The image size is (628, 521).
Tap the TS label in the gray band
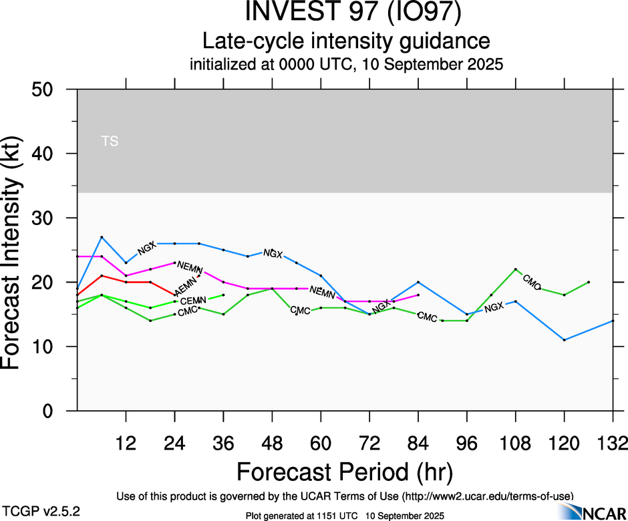point(110,141)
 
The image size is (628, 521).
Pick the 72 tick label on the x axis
point(369,442)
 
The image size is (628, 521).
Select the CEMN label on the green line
point(193,301)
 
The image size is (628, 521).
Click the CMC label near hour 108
point(532,282)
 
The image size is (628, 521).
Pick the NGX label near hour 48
point(273,253)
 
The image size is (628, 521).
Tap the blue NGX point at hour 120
point(565,340)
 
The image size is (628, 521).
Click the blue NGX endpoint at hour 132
point(613,321)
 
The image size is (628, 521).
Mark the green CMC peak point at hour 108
point(516,269)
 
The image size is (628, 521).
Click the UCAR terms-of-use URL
point(487,496)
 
